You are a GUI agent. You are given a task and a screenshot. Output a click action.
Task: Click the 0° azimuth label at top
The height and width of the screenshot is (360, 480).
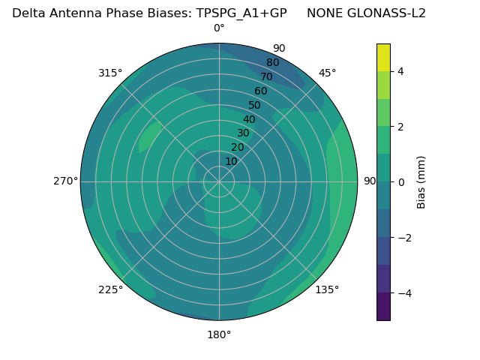tap(219, 28)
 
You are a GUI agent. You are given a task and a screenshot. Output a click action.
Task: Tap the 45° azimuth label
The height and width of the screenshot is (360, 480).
tap(327, 73)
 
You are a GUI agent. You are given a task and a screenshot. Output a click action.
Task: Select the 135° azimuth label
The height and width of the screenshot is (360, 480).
tap(327, 289)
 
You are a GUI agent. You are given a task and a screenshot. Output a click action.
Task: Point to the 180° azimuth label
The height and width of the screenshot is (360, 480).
tap(219, 334)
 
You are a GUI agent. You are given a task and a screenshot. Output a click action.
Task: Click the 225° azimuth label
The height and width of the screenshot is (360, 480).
tap(110, 289)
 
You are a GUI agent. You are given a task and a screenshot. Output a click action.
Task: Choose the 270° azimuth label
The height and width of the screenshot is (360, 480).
tap(65, 181)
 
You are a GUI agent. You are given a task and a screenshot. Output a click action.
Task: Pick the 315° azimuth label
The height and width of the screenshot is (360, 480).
tap(110, 73)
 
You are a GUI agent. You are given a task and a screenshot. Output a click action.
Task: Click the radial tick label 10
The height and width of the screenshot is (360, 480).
tap(231, 161)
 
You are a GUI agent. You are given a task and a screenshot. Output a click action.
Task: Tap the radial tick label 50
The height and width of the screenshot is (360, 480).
tap(255, 105)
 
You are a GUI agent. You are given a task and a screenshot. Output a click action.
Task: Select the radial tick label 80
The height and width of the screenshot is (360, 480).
tap(273, 62)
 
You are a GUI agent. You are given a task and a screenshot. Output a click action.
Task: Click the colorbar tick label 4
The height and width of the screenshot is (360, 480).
tap(401, 71)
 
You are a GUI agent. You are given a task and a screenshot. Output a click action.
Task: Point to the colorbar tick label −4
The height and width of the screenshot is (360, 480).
tap(404, 292)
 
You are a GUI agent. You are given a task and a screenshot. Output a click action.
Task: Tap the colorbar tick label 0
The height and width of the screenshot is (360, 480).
tap(401, 182)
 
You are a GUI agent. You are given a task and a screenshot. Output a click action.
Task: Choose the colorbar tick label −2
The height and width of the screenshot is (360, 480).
tap(404, 238)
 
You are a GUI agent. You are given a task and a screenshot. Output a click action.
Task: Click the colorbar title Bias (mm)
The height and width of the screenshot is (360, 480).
tap(421, 182)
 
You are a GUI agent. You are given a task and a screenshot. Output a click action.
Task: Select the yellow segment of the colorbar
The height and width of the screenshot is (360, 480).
tap(383, 57)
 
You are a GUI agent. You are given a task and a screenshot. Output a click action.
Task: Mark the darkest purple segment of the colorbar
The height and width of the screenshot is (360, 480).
tap(383, 307)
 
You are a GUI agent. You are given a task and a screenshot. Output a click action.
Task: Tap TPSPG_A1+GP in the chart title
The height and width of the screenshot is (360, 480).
tap(247, 13)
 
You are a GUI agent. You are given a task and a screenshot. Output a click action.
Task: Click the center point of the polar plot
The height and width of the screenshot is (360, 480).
tap(219, 181)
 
